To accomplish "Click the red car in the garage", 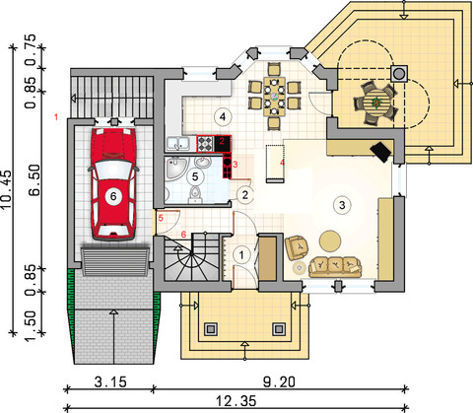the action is tap(113, 184).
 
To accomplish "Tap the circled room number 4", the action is tap(223, 116).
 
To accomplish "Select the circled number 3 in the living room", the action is tap(342, 205).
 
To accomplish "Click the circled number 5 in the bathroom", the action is tap(195, 176).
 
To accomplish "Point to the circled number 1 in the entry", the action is tap(241, 255).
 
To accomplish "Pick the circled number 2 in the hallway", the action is tap(245, 195).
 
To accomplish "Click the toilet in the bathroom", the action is tap(195, 195).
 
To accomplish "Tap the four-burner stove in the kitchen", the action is tap(205, 144).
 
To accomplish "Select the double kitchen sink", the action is tap(177, 144).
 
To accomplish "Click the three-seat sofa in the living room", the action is tap(335, 266).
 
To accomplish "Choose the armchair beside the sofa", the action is tap(298, 247).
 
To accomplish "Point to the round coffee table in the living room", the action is tap(330, 241).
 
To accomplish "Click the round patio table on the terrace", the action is tap(375, 103).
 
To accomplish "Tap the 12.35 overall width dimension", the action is tap(236, 401).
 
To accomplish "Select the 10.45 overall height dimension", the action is tap(6, 189).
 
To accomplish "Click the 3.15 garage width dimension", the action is tap(110, 382).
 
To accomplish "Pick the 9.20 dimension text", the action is tap(279, 382).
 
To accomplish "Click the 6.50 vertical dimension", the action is tap(34, 180).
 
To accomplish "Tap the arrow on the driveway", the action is tap(113, 336).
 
